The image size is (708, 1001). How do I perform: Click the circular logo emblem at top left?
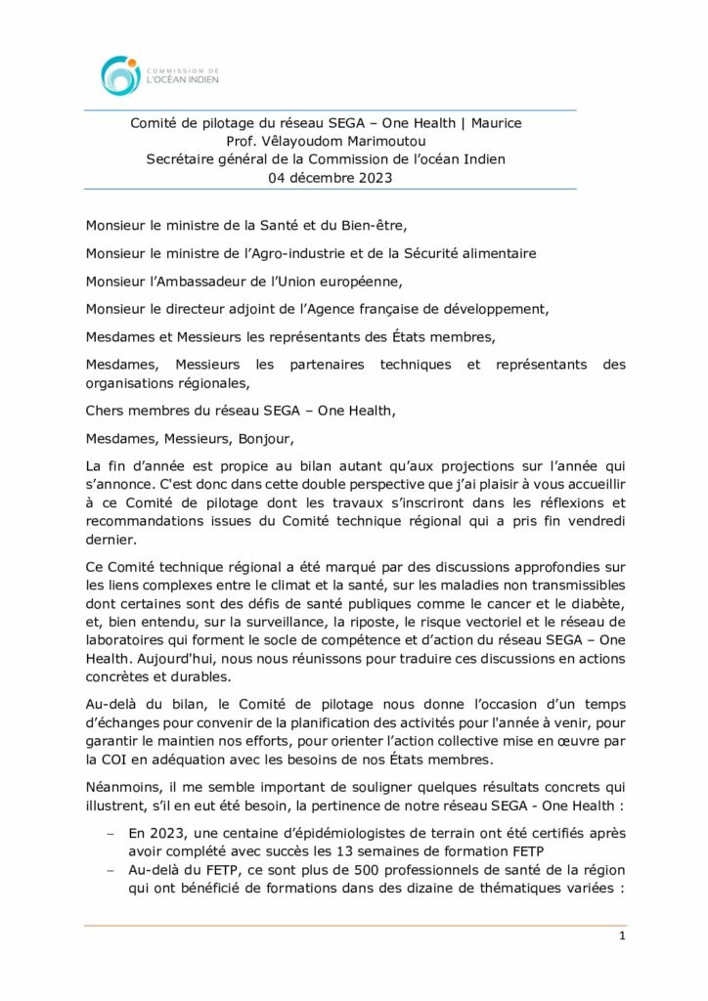[120, 75]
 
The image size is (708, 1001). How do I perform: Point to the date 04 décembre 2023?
[327, 177]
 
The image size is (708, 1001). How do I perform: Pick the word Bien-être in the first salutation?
[361, 224]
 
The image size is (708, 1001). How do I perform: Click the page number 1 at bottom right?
[622, 936]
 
